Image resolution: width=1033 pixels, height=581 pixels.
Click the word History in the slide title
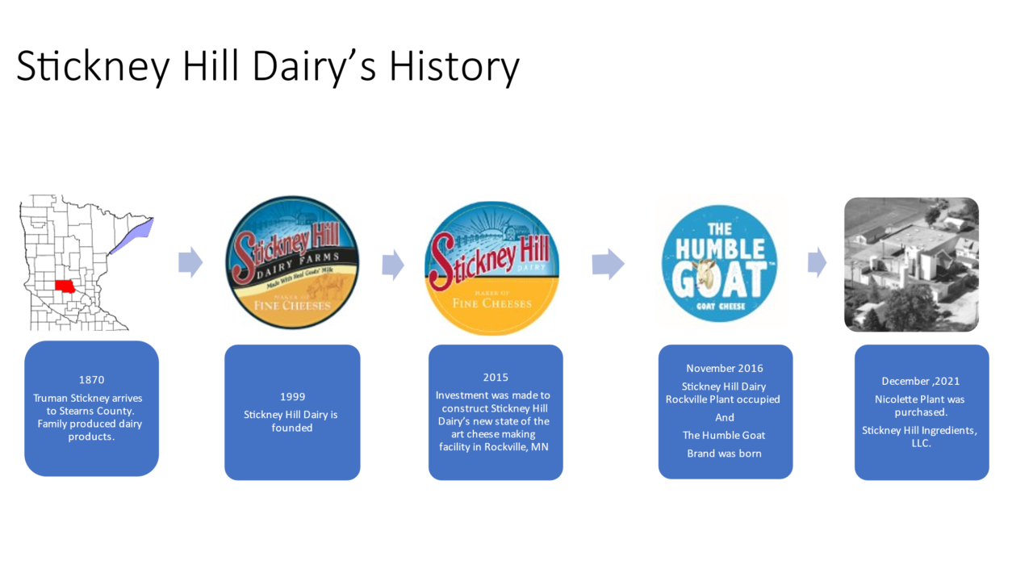pos(454,67)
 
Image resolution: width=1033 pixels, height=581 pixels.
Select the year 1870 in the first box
pos(91,379)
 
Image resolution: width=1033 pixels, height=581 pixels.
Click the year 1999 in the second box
pos(292,396)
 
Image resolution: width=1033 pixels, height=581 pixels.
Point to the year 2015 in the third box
pos(496,377)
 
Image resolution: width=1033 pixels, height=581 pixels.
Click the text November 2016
pos(725,368)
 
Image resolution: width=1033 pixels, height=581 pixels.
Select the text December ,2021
pos(920,381)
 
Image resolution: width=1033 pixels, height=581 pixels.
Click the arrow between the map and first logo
pos(190,263)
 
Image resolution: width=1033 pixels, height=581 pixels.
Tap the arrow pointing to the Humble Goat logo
pos(608,264)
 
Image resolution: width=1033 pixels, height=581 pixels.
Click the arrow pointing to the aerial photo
pos(818,262)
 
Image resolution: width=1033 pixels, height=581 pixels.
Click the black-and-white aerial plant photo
pos(911,264)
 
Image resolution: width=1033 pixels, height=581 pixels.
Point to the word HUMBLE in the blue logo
pos(719,249)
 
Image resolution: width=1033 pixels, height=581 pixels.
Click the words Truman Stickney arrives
pos(87,398)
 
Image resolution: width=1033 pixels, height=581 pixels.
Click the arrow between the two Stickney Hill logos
pos(393,265)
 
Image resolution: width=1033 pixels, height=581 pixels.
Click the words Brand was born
pos(724,453)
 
